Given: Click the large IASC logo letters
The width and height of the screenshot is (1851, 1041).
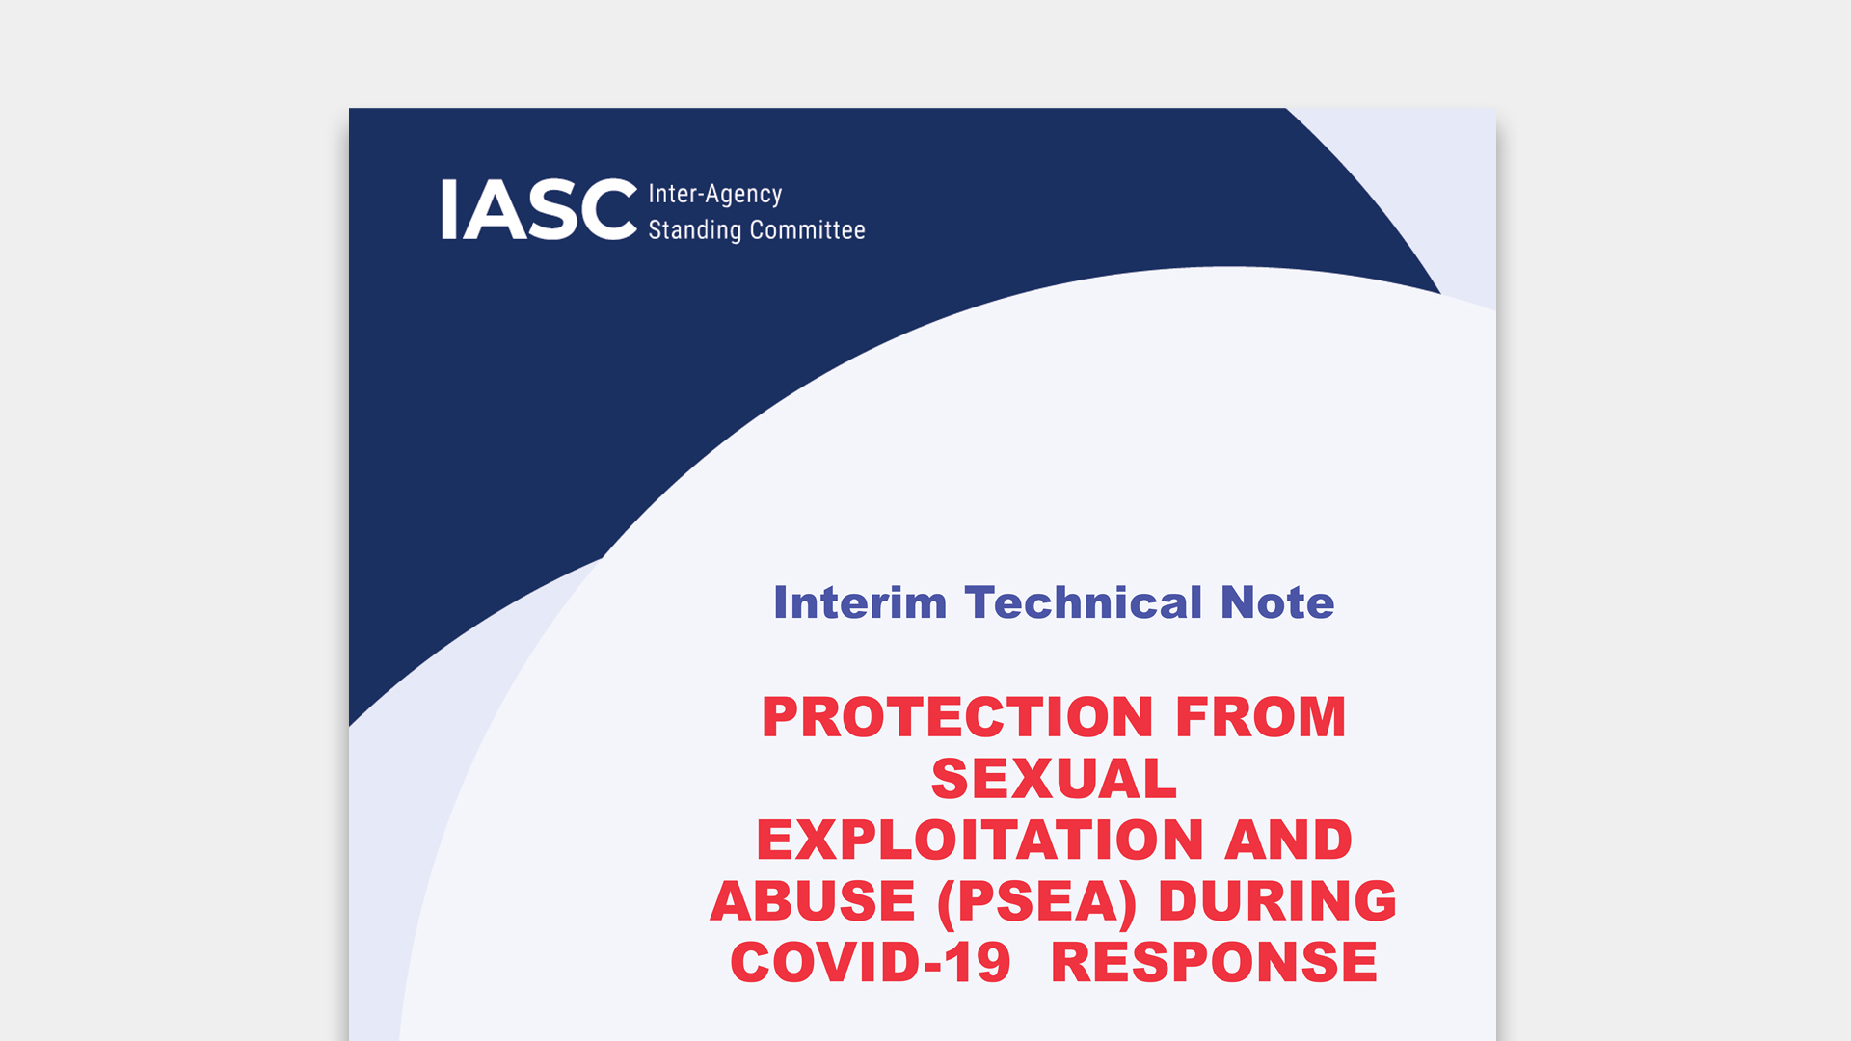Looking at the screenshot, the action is (539, 209).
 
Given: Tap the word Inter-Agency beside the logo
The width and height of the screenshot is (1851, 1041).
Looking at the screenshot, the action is (714, 195).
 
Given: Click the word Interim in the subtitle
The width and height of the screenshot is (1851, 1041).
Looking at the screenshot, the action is (860, 602).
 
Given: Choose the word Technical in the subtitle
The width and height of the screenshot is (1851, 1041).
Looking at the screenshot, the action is (1084, 602).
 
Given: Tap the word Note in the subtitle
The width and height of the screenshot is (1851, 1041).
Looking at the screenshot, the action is (1277, 602).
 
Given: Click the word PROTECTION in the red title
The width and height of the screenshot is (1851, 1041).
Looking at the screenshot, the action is (957, 717).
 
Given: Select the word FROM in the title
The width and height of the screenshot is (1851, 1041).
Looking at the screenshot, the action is (1260, 717).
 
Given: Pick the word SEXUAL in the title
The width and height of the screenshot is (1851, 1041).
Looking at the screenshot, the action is (1054, 778).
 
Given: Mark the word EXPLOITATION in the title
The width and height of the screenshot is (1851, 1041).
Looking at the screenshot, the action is (979, 840).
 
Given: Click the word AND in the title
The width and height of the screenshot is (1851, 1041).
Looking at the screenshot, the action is (1288, 840).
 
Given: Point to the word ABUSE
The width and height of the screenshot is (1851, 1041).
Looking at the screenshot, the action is (813, 900).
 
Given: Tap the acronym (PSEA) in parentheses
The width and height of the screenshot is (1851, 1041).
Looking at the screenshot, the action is (1036, 902).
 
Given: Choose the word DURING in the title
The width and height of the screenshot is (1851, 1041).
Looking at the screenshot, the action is (1277, 900).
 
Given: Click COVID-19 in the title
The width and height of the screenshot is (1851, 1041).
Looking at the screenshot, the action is (871, 962).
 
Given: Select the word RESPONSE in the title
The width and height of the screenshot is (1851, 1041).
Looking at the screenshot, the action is (1214, 962).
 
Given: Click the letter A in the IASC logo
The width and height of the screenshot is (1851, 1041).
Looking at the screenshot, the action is (493, 209).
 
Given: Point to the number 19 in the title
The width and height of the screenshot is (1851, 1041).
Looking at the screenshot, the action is (977, 962).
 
